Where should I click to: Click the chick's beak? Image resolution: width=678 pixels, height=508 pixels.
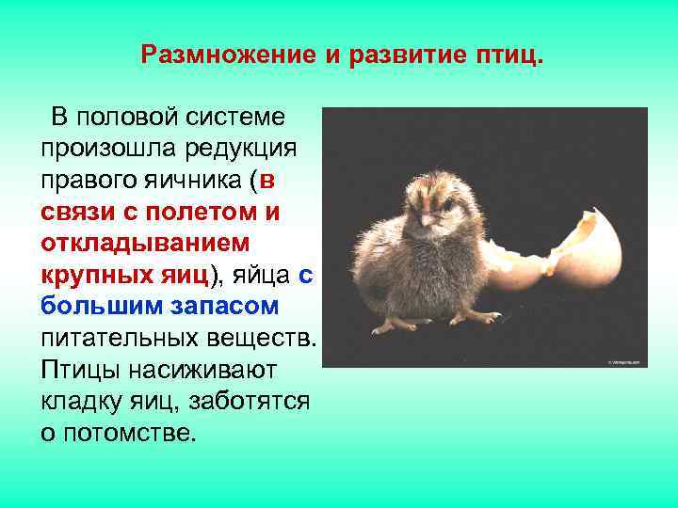pyautogui.click(x=426, y=219)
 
